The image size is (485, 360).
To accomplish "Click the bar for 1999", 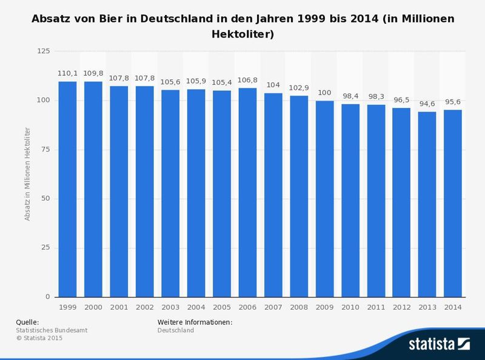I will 67,189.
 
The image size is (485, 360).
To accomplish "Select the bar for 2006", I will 247,193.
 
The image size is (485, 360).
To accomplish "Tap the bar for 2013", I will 427,204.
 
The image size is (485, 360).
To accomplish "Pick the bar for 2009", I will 324,199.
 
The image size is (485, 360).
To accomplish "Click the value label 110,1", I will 67,73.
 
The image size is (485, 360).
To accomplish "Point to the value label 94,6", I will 427,103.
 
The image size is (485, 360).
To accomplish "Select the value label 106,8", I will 247,79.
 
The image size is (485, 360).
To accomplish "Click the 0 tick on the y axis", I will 47,297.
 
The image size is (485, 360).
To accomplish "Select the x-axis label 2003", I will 170,307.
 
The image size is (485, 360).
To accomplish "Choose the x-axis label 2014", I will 453,307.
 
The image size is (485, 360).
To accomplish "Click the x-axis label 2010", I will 350,307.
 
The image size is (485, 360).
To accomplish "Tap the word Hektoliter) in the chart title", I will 242,35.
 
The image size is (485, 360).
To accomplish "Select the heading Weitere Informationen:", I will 195,322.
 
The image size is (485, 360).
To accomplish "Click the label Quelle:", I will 27,322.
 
